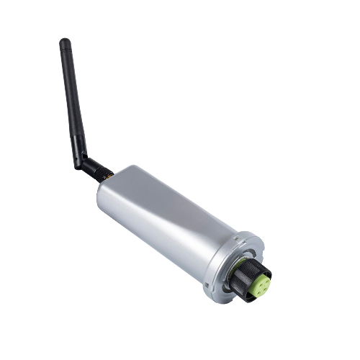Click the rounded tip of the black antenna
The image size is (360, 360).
64,42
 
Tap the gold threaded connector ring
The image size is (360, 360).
109,176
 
